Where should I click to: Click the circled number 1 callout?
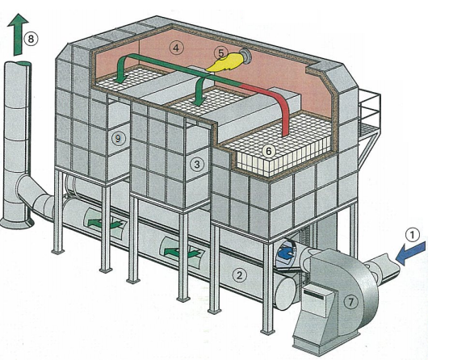[x=413, y=235]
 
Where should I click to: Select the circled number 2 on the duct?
[x=239, y=275]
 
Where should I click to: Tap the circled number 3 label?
[x=197, y=165]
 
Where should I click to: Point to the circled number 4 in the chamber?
[x=176, y=48]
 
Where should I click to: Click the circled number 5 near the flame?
[x=220, y=53]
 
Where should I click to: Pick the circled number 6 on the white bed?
[x=269, y=151]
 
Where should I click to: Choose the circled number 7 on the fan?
[x=350, y=302]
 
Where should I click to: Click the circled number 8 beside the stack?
[x=31, y=39]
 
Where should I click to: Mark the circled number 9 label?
[x=118, y=139]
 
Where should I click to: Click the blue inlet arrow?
[x=411, y=253]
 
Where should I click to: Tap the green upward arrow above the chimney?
[x=18, y=35]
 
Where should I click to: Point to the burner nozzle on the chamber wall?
[x=245, y=56]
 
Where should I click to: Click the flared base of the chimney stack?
[x=17, y=222]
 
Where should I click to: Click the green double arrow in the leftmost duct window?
[x=104, y=223]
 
